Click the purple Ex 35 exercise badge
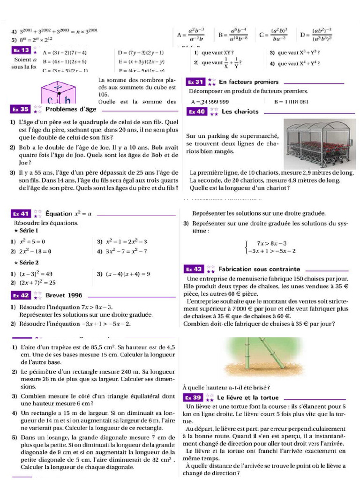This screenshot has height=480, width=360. [x=21, y=110]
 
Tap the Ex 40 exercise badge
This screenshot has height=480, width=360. [x=196, y=112]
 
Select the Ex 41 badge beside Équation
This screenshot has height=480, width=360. [x=21, y=214]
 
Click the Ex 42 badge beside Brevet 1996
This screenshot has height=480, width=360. [x=21, y=295]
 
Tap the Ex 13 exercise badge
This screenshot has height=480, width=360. [x=21, y=50]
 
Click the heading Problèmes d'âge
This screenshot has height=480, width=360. [x=71, y=109]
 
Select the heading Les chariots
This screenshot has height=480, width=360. [x=240, y=112]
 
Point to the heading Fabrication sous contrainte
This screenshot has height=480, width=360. [x=259, y=269]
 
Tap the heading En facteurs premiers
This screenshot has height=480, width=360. [x=248, y=82]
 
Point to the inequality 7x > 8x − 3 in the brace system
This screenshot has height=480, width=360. [x=271, y=243]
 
